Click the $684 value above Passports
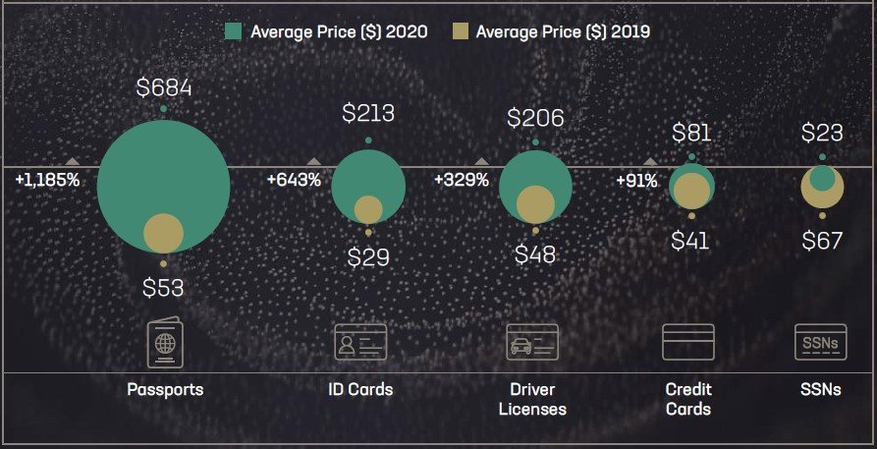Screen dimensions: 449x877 pyautogui.click(x=164, y=88)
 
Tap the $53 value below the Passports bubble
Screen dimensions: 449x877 pyautogui.click(x=163, y=287)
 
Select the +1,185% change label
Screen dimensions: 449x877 pyautogui.click(x=47, y=180)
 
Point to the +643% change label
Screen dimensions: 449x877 pyautogui.click(x=294, y=180)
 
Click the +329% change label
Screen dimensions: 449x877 pyautogui.click(x=462, y=180)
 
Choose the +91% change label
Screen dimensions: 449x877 pyautogui.click(x=636, y=180)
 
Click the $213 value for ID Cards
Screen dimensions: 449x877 pyautogui.click(x=368, y=113)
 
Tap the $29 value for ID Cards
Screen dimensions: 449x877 pyautogui.click(x=368, y=257)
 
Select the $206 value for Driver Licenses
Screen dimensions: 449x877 pyautogui.click(x=535, y=119)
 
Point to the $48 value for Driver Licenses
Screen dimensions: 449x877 pyautogui.click(x=535, y=254)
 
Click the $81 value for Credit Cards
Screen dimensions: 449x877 pyautogui.click(x=691, y=133)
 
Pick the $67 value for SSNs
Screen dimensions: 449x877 pyautogui.click(x=822, y=240)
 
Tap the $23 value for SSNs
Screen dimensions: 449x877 pyautogui.click(x=822, y=133)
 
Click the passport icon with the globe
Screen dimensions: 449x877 pyautogui.click(x=165, y=343)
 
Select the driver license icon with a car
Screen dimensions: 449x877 pyautogui.click(x=532, y=343)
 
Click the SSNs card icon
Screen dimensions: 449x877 pyautogui.click(x=821, y=343)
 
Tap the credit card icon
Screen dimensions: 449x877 pyautogui.click(x=687, y=343)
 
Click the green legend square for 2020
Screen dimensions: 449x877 pyautogui.click(x=234, y=31)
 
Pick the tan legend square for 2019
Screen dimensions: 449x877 pyautogui.click(x=459, y=31)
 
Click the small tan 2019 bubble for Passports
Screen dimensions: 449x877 pyautogui.click(x=164, y=234)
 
